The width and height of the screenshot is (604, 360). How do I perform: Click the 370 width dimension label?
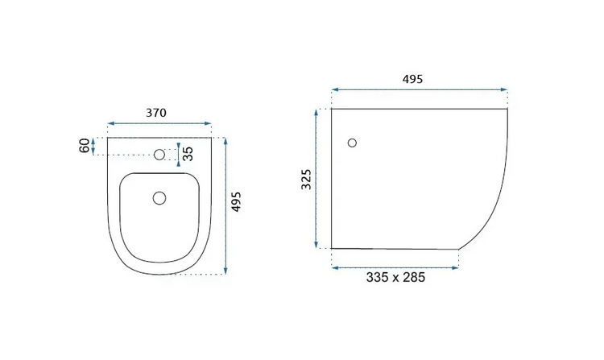coord(156,113)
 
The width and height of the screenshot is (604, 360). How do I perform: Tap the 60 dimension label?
coord(85,146)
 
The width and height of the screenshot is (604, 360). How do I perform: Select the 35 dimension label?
coord(188,154)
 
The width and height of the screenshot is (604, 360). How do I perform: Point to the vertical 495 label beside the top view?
coord(236,201)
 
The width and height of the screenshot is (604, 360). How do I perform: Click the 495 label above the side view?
coord(412,79)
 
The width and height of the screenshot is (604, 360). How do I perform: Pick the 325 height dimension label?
coord(306,179)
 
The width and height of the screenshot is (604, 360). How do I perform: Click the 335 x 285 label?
coord(395,277)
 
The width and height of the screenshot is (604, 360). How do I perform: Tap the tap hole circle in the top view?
coord(159,155)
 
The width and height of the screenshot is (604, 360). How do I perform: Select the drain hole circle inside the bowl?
coord(159,198)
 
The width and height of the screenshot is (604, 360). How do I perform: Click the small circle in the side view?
coord(352,143)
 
